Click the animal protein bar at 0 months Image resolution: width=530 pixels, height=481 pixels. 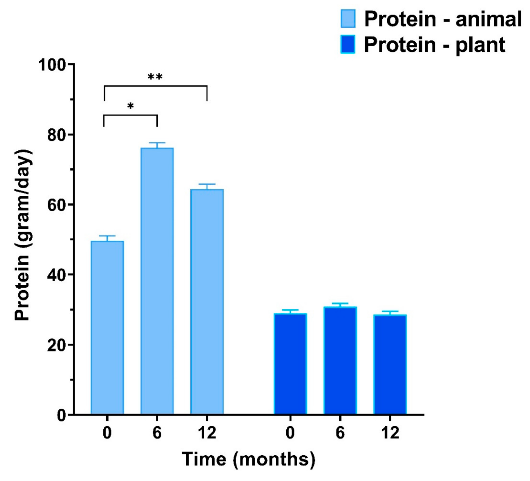coord(107,328)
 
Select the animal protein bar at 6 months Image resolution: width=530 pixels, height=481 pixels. coord(157,281)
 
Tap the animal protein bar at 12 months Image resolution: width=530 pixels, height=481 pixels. coord(207,302)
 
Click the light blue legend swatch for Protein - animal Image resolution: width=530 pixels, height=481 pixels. coord(348,19)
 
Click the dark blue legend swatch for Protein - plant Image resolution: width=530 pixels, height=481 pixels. coord(348,44)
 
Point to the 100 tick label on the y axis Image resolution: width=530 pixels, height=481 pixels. coord(52,65)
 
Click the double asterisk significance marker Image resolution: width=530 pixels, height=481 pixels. coord(155,77)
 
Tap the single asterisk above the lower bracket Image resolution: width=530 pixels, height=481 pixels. coord(130,106)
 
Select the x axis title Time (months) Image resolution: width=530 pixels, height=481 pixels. coord(249,459)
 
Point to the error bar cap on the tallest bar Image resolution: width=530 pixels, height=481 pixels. coord(157,143)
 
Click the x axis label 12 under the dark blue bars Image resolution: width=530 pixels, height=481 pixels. coord(390,433)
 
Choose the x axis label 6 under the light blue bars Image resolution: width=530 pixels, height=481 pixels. coord(157,433)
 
